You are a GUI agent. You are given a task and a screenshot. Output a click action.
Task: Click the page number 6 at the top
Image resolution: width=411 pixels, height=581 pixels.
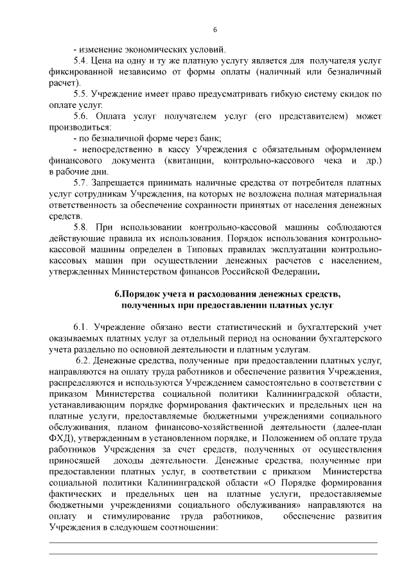click(215, 28)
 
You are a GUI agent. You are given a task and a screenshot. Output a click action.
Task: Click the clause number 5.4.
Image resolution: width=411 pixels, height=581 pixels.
click(83, 60)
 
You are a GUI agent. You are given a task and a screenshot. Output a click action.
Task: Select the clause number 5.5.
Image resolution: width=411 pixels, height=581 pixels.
click(83, 94)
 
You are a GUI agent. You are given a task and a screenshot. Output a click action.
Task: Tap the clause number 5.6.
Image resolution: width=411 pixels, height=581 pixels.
click(83, 116)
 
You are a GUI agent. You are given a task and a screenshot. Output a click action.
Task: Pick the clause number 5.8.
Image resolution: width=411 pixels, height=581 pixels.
click(83, 227)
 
